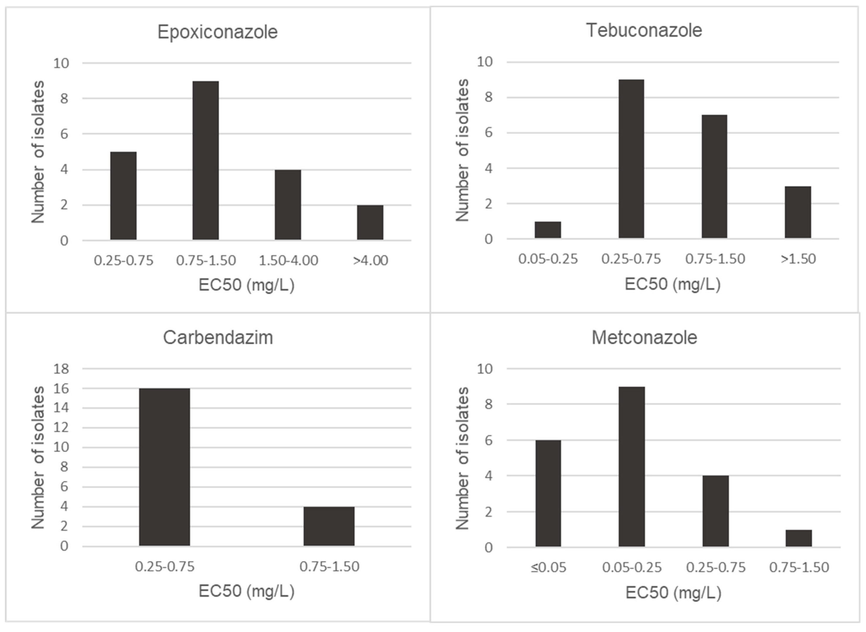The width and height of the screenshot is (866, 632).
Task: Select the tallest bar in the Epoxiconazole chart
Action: tap(206, 161)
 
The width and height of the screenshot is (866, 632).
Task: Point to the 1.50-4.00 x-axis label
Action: tap(288, 261)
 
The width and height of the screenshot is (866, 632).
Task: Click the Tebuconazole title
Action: tap(644, 31)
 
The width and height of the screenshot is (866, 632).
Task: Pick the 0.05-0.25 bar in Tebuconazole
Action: tap(548, 230)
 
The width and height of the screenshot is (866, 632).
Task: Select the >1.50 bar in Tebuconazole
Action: tap(798, 212)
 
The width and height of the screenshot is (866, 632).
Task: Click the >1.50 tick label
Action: tap(798, 259)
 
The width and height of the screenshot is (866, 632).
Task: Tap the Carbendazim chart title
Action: tap(218, 338)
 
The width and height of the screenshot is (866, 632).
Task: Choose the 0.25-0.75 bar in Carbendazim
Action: tap(164, 467)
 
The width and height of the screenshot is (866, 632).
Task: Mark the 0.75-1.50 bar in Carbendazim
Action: tap(329, 526)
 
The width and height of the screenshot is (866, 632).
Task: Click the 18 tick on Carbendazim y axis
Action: tap(61, 369)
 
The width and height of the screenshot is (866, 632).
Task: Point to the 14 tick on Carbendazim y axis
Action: tap(61, 408)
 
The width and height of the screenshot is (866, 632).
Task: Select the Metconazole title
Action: tap(644, 338)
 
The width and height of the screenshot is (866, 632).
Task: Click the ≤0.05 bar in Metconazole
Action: tap(548, 493)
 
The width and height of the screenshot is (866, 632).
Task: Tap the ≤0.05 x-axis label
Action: tap(548, 567)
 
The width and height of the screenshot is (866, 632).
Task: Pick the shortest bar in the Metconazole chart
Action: tap(799, 538)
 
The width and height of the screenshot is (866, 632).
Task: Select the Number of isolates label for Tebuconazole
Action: tap(463, 150)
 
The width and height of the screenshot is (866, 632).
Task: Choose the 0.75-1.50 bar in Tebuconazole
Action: tap(715, 177)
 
